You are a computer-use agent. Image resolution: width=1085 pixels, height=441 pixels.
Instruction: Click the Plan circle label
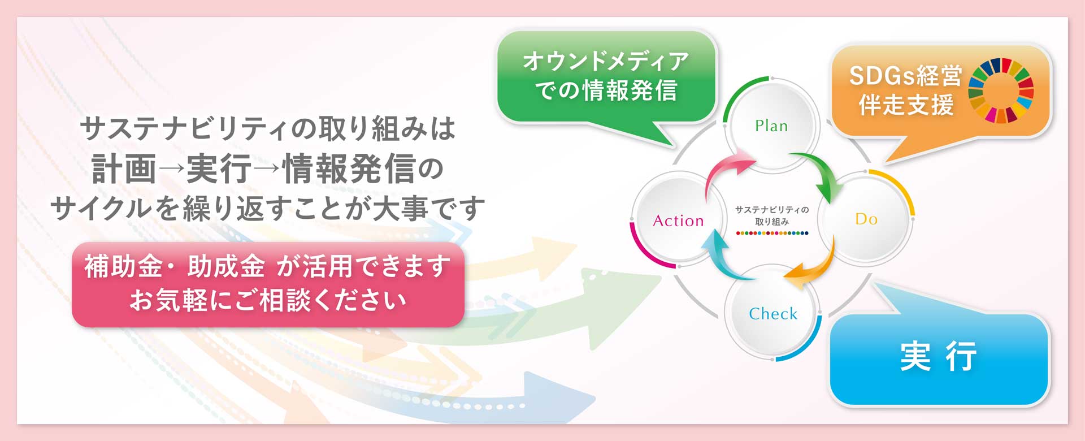tap(771, 126)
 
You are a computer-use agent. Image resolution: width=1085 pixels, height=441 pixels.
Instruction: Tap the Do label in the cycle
tap(866, 219)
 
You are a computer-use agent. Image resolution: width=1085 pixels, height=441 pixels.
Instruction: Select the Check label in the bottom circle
tap(773, 313)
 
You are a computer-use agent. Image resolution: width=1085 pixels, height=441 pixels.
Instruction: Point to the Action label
tap(678, 220)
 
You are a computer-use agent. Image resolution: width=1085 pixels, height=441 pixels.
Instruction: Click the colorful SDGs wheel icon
tap(1001, 90)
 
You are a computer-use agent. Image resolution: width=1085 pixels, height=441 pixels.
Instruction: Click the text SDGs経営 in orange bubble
tap(905, 76)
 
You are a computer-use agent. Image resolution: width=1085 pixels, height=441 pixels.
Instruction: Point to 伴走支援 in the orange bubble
tap(906, 105)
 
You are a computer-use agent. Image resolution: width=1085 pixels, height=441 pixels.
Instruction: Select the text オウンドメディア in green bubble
tap(606, 61)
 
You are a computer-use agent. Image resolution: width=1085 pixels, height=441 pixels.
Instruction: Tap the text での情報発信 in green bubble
tap(606, 90)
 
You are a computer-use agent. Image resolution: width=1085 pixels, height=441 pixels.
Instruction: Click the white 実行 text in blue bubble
tap(938, 356)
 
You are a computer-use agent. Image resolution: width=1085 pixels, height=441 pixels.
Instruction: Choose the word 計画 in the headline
tap(124, 168)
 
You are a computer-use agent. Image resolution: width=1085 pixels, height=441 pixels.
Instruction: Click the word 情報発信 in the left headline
tap(349, 168)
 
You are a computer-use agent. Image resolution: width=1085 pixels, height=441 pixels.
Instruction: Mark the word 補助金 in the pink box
tap(123, 266)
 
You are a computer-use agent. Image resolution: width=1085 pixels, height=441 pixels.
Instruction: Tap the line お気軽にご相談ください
tap(268, 300)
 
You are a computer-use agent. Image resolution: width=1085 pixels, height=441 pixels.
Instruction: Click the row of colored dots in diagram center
tap(772, 233)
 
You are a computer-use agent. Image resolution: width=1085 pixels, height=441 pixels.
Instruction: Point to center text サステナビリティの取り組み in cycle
tap(772, 215)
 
